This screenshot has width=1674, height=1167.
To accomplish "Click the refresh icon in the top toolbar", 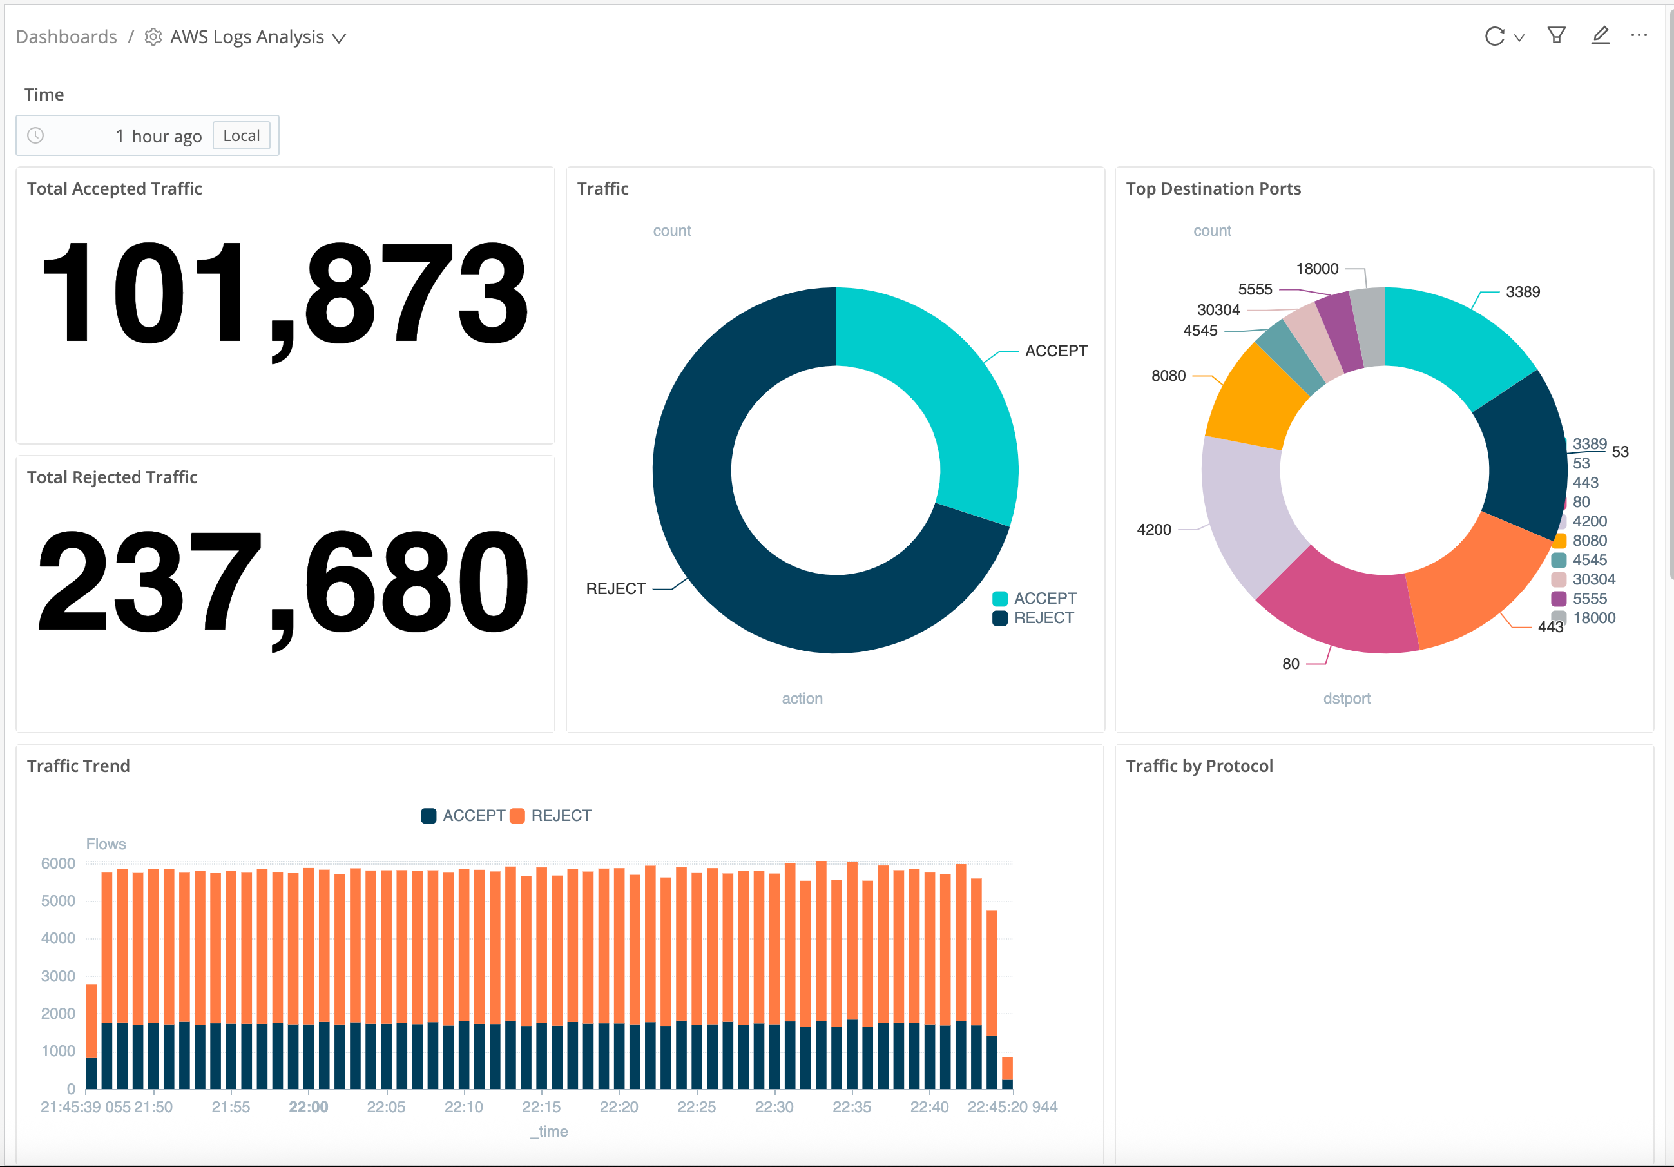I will (x=1494, y=37).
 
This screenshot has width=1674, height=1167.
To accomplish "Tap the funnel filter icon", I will (x=1556, y=35).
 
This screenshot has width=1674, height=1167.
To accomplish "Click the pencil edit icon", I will (x=1600, y=35).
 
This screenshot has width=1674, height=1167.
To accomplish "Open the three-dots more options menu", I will (x=1639, y=35).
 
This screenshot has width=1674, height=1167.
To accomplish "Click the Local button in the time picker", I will (x=242, y=136).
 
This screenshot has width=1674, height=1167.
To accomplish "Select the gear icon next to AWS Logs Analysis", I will (x=153, y=37).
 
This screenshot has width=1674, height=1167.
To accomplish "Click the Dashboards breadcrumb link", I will (x=66, y=37).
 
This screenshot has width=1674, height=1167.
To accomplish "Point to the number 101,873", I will (x=284, y=294).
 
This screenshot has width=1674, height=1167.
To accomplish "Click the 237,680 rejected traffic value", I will (x=284, y=582).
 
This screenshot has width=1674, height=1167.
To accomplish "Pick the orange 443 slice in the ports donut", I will (x=1480, y=584).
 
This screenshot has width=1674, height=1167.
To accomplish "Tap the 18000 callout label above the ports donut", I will (x=1317, y=269).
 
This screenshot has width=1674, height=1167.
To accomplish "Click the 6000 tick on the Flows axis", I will (x=59, y=863).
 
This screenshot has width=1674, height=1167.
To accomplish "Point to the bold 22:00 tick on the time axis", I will (x=309, y=1107).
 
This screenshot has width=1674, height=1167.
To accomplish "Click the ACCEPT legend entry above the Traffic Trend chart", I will (x=465, y=815).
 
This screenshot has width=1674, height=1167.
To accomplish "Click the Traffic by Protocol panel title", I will (x=1199, y=766).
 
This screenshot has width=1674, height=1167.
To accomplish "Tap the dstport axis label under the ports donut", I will (x=1347, y=699).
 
